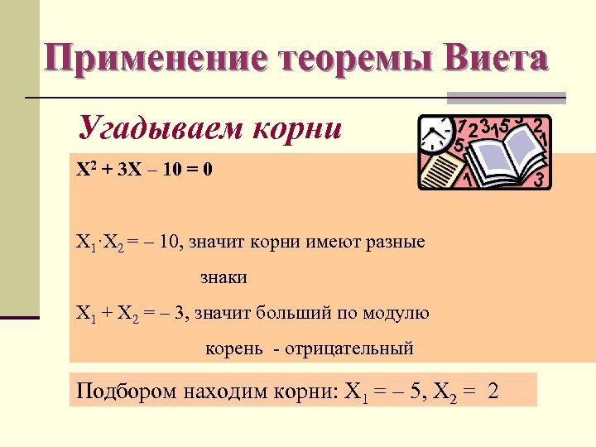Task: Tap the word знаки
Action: (x=223, y=277)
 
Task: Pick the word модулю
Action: (x=402, y=313)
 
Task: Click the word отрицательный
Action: (x=348, y=348)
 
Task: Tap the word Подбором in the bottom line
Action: (x=119, y=391)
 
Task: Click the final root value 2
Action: (x=494, y=391)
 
